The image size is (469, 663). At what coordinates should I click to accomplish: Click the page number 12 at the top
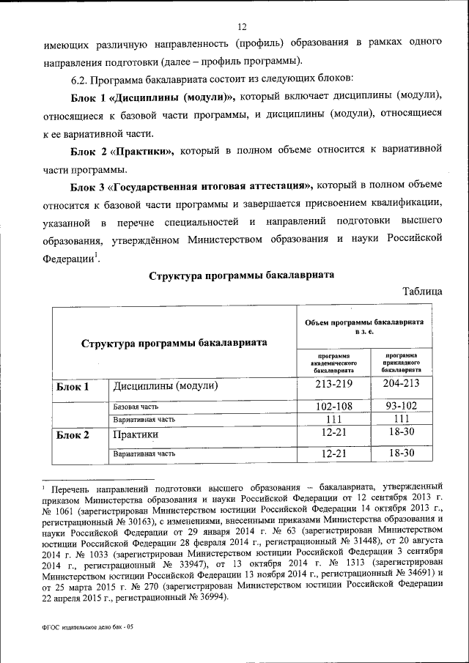pos(240,27)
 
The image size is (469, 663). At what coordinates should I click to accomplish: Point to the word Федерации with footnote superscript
pos(70,259)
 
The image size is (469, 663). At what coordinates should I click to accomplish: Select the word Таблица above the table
pos(423,291)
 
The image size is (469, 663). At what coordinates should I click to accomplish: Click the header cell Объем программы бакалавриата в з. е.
pos(364,327)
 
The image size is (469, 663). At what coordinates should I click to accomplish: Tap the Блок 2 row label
pos(73,435)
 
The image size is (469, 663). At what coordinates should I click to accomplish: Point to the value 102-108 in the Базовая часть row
pos(333,405)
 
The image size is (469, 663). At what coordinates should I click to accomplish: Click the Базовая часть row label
pos(136,406)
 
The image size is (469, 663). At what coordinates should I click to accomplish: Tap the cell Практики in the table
pos(136,435)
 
